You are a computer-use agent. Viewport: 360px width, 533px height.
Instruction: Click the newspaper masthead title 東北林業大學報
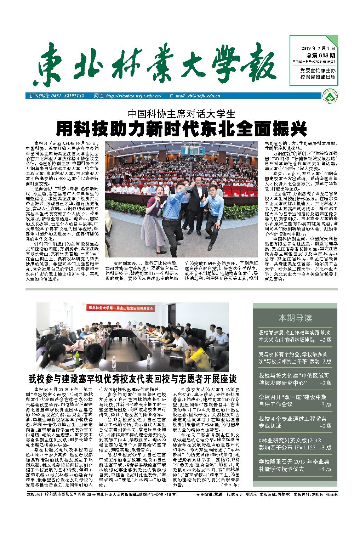coord(156,64)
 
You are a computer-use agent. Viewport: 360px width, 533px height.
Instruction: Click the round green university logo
coord(331,96)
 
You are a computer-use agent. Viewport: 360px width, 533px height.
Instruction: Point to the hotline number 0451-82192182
coord(67,96)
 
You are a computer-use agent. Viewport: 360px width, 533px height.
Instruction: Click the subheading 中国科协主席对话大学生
coord(181,114)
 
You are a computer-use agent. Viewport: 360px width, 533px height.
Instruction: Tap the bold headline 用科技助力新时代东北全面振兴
coord(181,129)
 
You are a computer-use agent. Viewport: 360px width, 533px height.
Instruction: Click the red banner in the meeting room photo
coord(121,308)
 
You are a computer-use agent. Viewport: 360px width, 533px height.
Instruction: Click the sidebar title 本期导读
coord(295,318)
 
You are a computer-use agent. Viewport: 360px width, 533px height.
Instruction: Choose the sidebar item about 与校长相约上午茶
coord(295,358)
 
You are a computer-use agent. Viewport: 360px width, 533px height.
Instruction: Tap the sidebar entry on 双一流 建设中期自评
coord(295,401)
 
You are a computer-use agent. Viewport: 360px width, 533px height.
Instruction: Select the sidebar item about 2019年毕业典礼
coord(295,465)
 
